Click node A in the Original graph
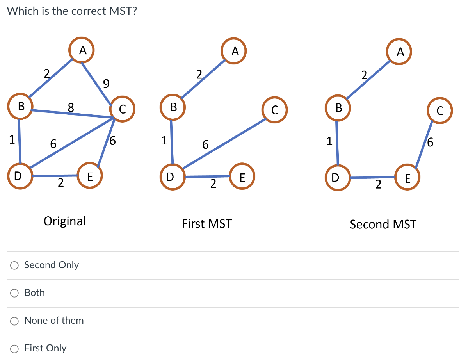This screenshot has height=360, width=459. [x=82, y=50]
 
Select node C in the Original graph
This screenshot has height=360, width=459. [x=122, y=109]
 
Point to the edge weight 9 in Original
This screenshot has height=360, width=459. [x=106, y=83]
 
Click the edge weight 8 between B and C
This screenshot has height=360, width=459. [x=71, y=107]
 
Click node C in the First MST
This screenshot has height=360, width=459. [x=274, y=110]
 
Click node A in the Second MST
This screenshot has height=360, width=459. [x=399, y=53]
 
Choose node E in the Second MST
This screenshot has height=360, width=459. [x=407, y=179]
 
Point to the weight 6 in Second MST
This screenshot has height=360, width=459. [x=430, y=143]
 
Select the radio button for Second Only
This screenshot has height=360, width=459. [x=14, y=266]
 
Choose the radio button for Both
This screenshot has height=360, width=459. [x=14, y=293]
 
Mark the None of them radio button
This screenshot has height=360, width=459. [x=14, y=321]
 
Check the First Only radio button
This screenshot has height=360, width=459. [x=14, y=349]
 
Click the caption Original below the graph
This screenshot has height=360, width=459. [x=65, y=221]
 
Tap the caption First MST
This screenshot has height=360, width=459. [x=206, y=224]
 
